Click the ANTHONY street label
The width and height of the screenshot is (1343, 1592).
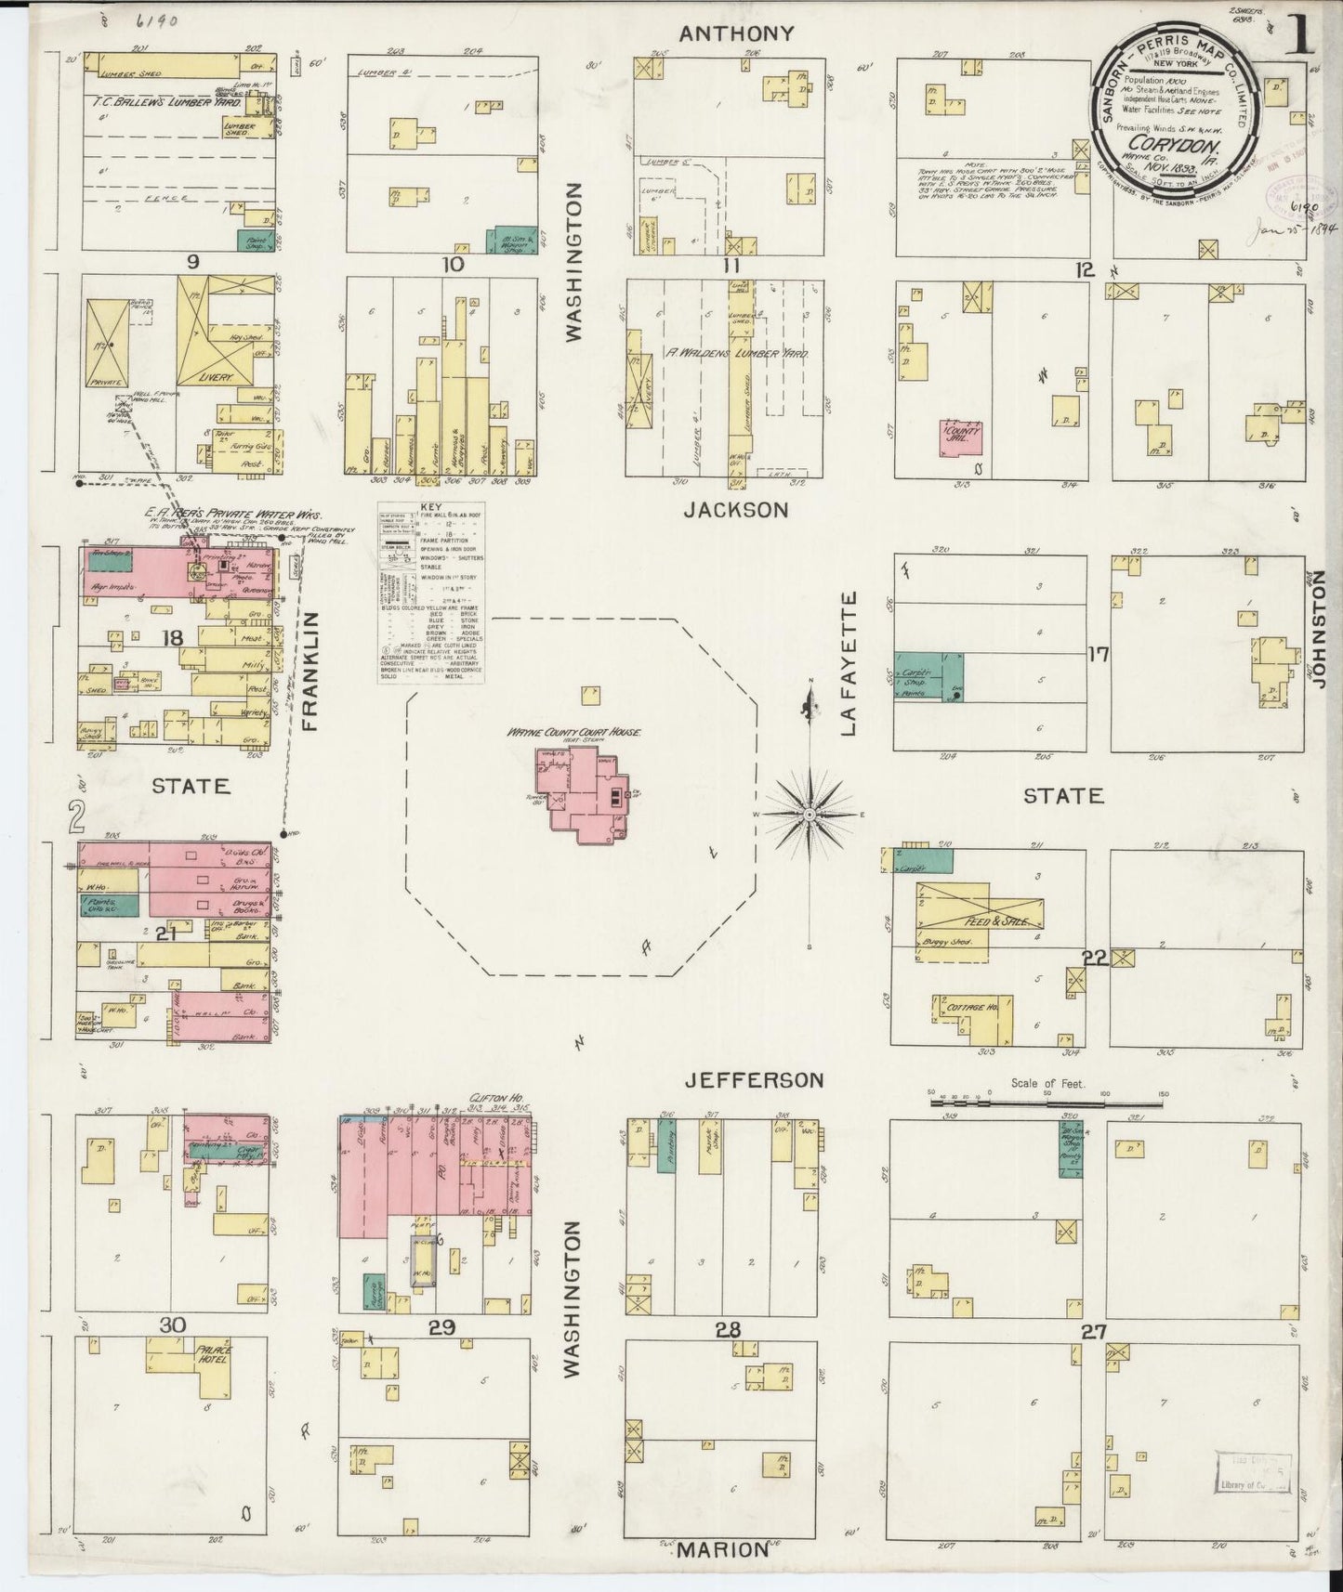point(737,33)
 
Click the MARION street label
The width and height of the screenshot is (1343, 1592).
point(722,1548)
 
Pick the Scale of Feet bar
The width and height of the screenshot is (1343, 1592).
point(1047,1103)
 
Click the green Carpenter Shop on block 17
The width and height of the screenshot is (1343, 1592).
point(928,676)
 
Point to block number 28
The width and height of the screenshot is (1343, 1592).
point(727,1330)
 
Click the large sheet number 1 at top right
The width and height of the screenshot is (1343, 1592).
point(1301,37)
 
